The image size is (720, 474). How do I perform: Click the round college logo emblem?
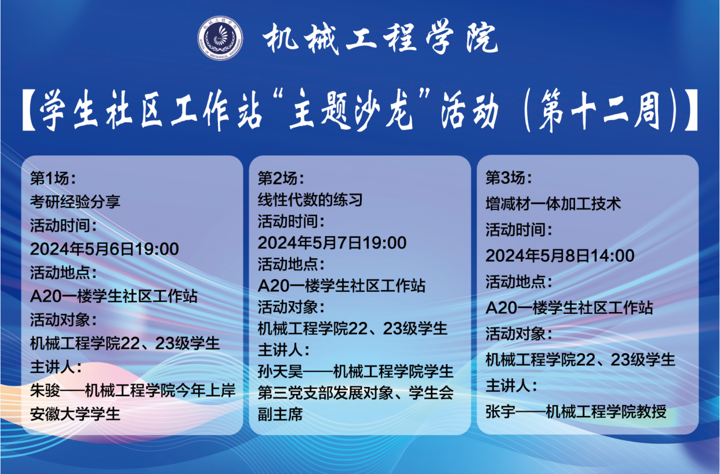[220, 38]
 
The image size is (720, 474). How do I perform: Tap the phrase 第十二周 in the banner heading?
[599, 110]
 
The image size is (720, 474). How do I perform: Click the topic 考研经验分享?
[75, 201]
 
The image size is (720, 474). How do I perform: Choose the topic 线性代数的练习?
[310, 199]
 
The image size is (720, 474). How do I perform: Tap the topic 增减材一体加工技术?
[553, 204]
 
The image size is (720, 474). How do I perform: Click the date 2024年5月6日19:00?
[104, 249]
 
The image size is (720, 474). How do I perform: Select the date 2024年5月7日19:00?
[332, 242]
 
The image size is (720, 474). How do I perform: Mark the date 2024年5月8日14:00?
[560, 255]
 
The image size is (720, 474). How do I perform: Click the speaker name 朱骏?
[45, 390]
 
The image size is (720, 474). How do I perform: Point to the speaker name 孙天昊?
[280, 371]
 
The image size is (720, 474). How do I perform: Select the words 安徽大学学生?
[75, 414]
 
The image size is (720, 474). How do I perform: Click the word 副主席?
[280, 414]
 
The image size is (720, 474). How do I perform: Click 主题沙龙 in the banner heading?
[351, 110]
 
